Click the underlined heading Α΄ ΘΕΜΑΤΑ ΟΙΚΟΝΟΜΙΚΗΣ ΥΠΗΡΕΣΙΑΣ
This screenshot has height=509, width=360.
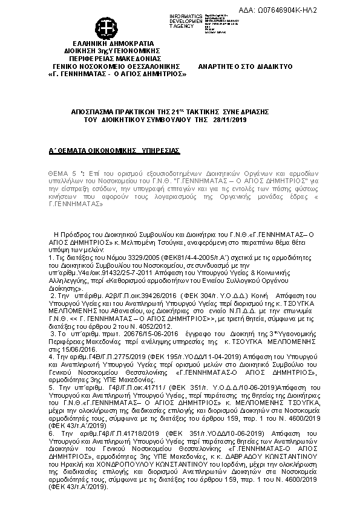(x=114, y=149)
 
